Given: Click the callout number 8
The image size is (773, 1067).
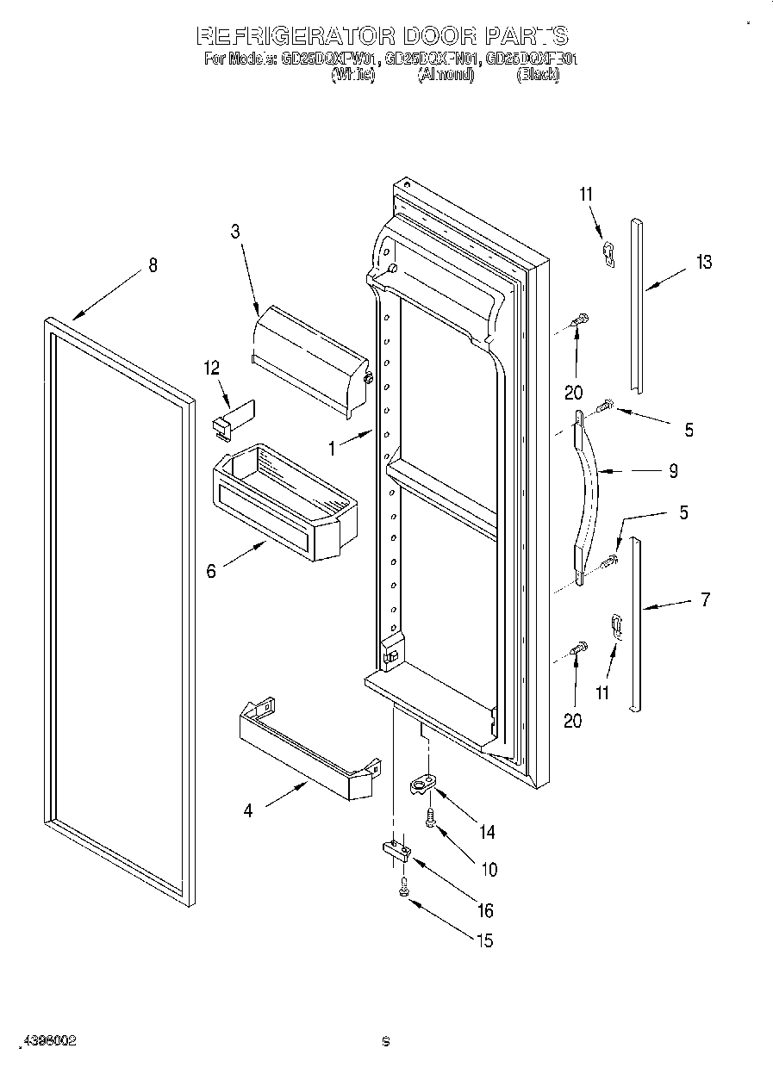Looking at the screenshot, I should click(153, 265).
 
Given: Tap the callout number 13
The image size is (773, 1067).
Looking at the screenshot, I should click(704, 263).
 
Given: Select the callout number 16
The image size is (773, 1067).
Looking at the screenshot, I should click(485, 910).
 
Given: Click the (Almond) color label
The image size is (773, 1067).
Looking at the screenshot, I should click(446, 75).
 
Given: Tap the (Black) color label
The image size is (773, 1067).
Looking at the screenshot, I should click(538, 75).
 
